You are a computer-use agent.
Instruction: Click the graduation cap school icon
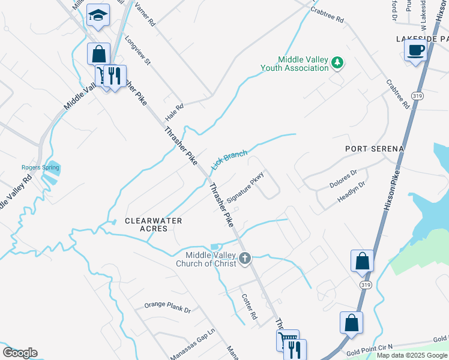[x=98, y=15]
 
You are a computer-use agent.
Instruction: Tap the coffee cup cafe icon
[x=415, y=50]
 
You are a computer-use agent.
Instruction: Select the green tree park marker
[x=338, y=62]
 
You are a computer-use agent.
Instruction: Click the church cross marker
[x=244, y=259]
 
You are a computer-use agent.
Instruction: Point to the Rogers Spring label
[x=40, y=167]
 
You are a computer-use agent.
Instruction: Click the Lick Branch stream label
[x=229, y=160]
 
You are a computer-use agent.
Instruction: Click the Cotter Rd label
[x=249, y=306]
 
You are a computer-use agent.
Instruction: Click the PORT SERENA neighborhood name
[x=375, y=148]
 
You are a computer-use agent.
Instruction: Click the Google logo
[x=20, y=353]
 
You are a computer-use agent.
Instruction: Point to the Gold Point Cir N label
[x=369, y=347]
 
